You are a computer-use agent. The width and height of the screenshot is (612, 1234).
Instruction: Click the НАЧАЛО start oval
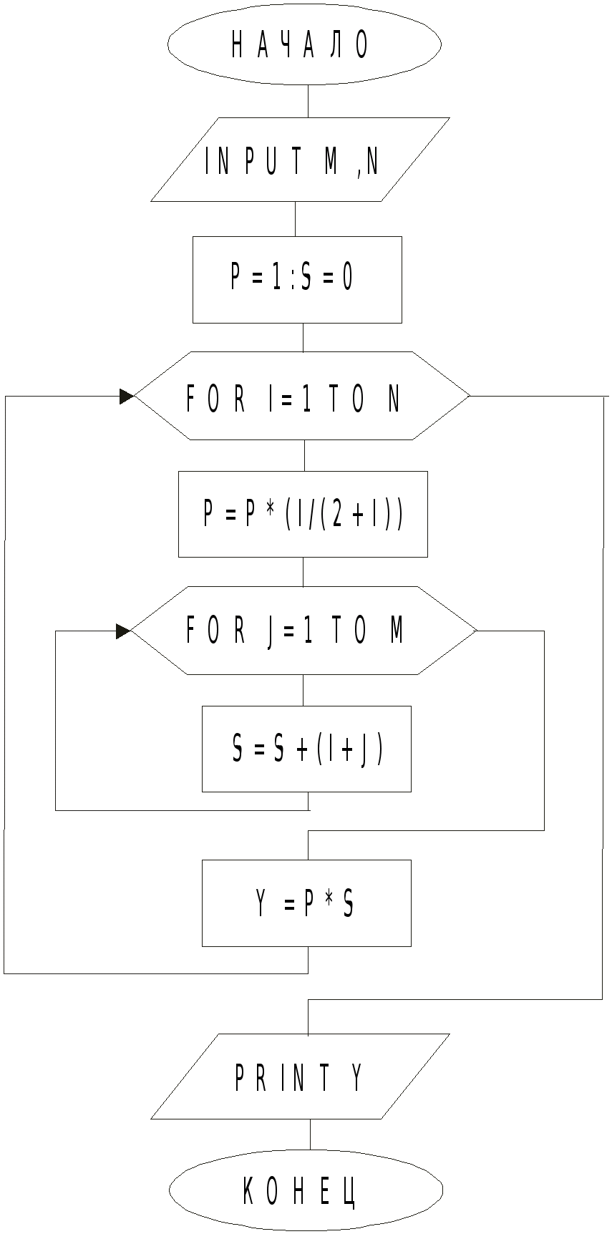304,44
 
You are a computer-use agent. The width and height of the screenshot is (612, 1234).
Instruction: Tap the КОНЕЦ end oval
306,1190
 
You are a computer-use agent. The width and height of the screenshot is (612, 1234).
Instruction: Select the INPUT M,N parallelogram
300,160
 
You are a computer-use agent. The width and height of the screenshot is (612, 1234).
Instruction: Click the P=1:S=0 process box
297,279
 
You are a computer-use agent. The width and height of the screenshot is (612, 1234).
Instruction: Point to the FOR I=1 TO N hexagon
301,396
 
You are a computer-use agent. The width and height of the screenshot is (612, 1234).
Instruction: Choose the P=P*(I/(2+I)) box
303,514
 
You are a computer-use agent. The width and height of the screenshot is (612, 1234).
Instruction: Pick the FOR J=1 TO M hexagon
303,631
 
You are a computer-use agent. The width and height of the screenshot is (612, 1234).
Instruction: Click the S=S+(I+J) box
306,749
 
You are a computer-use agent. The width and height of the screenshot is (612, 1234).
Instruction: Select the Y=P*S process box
306,903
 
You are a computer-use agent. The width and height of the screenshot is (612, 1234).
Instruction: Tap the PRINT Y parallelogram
300,1077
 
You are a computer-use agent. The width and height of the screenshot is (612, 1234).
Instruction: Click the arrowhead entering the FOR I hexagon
127,397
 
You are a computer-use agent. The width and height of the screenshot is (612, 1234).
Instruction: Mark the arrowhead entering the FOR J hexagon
123,631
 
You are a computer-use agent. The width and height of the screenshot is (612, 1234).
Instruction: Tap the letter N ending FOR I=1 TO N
394,399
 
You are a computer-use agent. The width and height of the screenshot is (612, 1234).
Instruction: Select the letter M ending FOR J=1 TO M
397,631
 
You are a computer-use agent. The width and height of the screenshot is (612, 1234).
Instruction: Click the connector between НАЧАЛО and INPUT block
309,101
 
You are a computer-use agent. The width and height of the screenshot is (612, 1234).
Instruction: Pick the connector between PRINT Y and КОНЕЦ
310,1135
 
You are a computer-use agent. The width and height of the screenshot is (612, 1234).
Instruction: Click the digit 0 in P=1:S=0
347,278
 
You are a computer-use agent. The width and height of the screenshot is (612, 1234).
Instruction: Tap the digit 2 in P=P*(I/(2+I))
336,514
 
